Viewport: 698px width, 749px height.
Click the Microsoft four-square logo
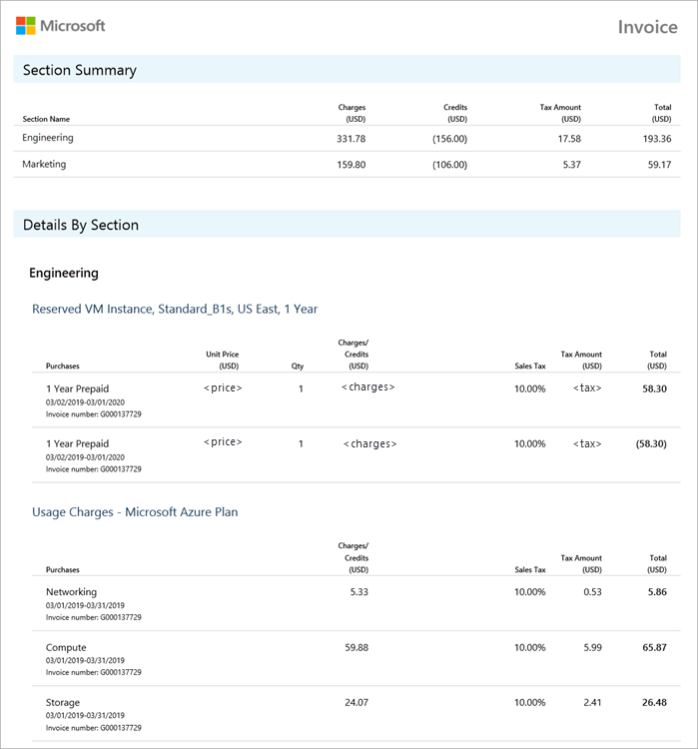click(x=26, y=26)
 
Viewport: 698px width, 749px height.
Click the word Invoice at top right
click(x=647, y=27)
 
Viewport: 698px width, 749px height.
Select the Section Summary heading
click(x=80, y=70)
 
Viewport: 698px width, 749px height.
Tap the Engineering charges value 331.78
click(x=351, y=139)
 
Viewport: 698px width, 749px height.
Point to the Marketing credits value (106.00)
click(x=449, y=165)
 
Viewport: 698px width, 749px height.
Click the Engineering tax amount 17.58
click(x=569, y=139)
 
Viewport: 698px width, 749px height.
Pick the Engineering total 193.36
click(x=658, y=139)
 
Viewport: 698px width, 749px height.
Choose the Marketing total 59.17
click(x=658, y=165)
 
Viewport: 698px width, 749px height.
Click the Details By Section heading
click(x=81, y=225)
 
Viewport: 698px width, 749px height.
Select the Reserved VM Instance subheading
click(x=175, y=309)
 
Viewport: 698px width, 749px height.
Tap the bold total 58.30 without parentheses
click(x=655, y=388)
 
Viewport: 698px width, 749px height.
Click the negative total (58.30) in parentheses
click(x=651, y=443)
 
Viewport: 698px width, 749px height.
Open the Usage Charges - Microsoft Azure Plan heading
click(x=135, y=512)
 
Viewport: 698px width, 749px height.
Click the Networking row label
click(x=72, y=592)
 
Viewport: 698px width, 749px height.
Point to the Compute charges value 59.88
click(x=356, y=647)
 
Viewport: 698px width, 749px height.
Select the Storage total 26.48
click(x=655, y=702)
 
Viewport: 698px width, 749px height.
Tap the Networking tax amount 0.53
click(x=593, y=592)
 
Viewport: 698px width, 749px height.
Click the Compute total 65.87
click(x=655, y=647)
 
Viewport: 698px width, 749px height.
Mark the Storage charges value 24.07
click(x=356, y=702)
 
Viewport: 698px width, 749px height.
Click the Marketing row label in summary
click(x=44, y=164)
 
